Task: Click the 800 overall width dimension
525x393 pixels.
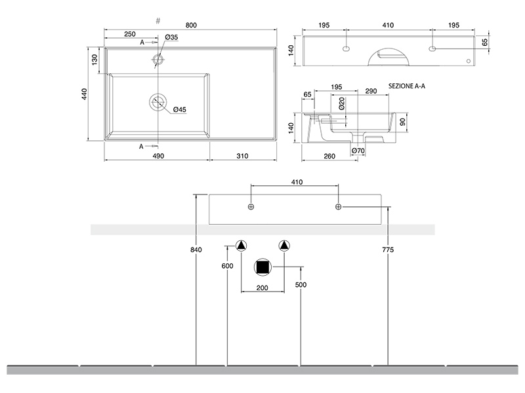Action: pos(191,25)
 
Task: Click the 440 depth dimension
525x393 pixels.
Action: pos(85,94)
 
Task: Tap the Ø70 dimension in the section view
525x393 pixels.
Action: pos(358,151)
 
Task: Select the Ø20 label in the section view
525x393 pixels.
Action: pos(342,103)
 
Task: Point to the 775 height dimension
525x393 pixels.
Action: pos(388,250)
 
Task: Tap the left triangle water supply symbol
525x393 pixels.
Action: pos(241,246)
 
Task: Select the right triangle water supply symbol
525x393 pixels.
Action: pos(283,246)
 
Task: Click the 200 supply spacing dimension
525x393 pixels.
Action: pos(262,288)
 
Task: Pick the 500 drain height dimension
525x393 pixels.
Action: pos(301,285)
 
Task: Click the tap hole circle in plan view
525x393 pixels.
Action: pos(157,60)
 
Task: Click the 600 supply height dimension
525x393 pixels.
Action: pos(227,265)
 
